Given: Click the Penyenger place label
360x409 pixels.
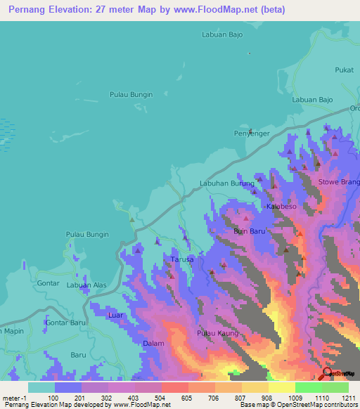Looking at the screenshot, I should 251,133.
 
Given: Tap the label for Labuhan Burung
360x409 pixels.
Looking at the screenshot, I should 226,183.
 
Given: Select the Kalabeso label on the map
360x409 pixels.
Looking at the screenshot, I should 283,208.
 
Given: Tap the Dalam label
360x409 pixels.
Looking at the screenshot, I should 153,344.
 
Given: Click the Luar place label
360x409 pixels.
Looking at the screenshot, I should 116,316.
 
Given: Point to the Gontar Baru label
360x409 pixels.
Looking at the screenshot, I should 65,323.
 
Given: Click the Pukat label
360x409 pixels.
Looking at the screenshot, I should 344,70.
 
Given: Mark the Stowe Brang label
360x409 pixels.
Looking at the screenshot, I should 340,182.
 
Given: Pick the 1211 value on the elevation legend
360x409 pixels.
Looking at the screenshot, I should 348,398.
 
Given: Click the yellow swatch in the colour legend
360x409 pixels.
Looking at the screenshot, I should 281,387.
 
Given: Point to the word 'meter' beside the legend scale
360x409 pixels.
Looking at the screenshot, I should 13,398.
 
